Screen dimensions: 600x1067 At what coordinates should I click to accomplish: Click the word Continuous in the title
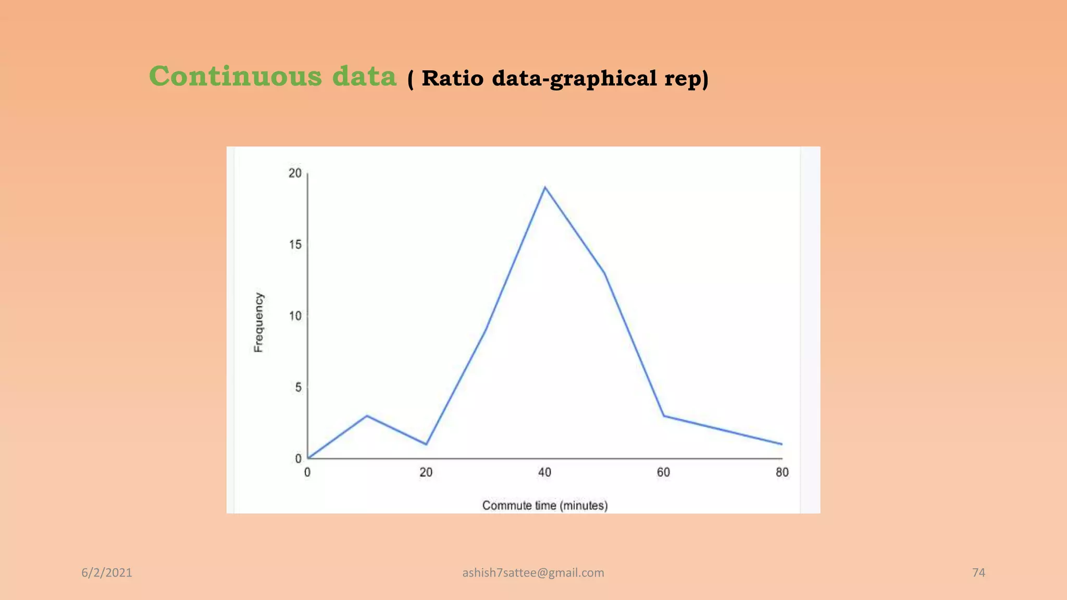235,77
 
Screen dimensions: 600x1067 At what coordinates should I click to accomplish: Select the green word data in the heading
364,77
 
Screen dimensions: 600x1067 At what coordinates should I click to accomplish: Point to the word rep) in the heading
686,79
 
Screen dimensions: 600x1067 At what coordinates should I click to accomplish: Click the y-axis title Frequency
258,322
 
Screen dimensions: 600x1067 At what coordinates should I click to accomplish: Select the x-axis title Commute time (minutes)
544,505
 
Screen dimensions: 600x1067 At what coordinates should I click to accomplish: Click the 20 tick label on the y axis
295,173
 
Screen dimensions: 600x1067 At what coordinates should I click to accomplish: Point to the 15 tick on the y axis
295,245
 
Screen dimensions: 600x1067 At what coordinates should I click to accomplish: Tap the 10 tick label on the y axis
295,316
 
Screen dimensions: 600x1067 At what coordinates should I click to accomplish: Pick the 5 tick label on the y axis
298,387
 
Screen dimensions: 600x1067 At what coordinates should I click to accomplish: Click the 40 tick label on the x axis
544,472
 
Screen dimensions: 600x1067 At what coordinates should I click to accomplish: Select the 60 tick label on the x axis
663,472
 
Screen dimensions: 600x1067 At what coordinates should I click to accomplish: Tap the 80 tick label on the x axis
782,472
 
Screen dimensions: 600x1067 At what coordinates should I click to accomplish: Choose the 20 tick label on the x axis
426,472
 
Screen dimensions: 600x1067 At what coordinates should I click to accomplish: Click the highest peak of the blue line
545,187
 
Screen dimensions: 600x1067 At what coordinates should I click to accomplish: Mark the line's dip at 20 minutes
426,444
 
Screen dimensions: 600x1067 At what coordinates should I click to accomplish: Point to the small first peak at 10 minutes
367,416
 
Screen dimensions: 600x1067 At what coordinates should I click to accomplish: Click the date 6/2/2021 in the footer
107,573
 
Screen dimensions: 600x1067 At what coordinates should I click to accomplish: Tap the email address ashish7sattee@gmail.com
533,573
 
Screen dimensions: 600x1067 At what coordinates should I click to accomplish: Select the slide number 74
978,573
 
